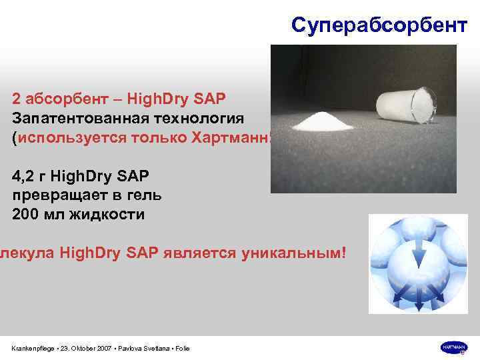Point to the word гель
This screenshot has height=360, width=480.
coord(145,197)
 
